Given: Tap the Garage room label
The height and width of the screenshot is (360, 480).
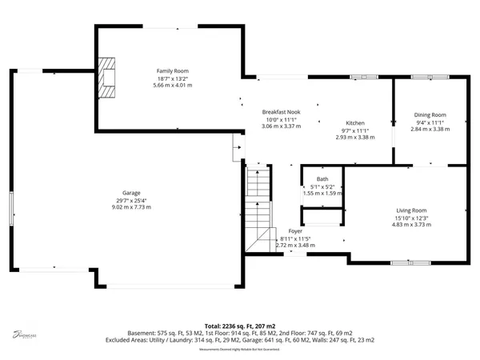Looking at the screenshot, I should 131,193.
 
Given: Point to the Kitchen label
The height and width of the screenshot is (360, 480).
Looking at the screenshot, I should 355,122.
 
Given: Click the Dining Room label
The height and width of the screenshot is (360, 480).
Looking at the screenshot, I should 430,114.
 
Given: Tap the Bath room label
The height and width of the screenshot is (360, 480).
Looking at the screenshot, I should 322,179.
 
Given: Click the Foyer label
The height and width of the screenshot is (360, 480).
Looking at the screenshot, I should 295,230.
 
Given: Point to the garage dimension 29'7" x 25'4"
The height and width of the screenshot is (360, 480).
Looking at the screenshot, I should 131,200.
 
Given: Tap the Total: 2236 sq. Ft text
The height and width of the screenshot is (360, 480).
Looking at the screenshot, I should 240,326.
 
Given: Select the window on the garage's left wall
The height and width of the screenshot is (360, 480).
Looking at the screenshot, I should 12,209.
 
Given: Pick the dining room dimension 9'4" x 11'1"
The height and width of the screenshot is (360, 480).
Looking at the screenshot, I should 430,122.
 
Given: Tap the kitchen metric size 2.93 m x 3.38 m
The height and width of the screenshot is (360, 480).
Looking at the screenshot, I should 355,137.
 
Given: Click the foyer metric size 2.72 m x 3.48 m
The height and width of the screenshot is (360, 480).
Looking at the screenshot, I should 295,245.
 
